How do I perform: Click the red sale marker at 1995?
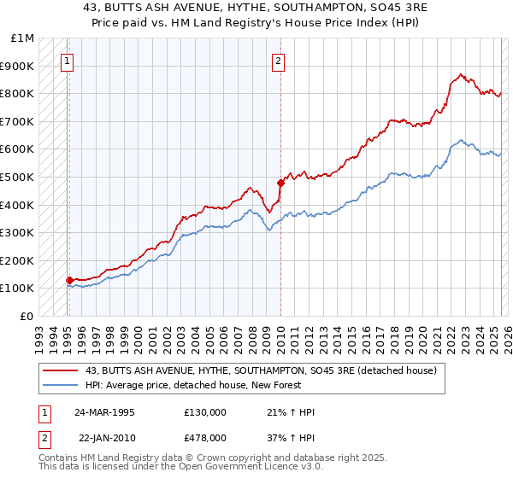tap(69, 279)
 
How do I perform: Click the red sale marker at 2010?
tap(280, 183)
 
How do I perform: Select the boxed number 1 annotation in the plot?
tap(68, 61)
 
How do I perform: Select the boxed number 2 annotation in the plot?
tap(279, 61)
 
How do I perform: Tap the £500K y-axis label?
tap(19, 177)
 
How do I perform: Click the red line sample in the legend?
tap(61, 370)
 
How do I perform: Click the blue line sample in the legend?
tap(61, 385)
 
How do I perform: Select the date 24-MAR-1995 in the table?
tap(104, 412)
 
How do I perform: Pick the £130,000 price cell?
tap(205, 412)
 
